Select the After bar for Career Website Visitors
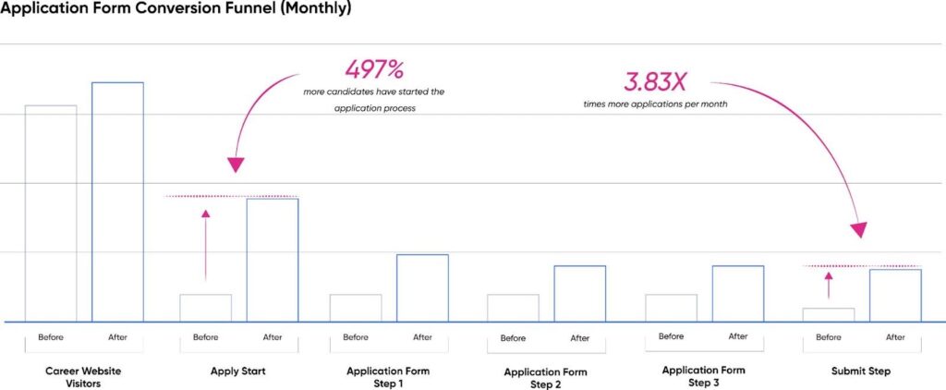tap(117, 201)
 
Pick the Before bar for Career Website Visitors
tap(51, 213)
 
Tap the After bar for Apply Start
tap(273, 260)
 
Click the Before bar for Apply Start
tap(206, 308)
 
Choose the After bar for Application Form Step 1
tap(422, 287)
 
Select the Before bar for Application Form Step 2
tap(513, 308)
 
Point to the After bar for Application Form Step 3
tap(738, 293)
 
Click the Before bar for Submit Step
tap(829, 314)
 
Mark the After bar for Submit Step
tap(895, 295)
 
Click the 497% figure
tap(374, 70)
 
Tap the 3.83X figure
tap(654, 81)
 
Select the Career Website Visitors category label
tap(83, 377)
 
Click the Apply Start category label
tap(239, 372)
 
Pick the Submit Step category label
tap(862, 372)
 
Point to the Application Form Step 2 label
tap(545, 378)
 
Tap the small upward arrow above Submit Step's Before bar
tap(829, 285)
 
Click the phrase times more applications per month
tap(655, 104)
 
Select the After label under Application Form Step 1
tap(422, 337)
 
